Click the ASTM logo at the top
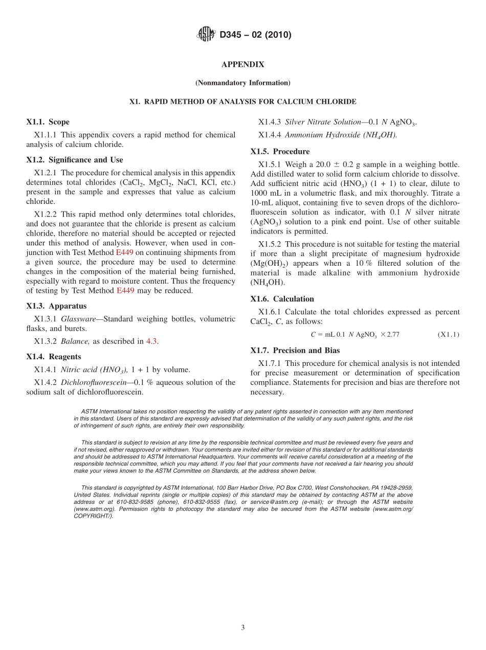pos(206,35)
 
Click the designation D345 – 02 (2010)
pos(255,35)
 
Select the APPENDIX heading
pos(242,64)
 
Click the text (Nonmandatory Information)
pos(242,83)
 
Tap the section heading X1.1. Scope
pos(48,122)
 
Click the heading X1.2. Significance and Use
pos(75,160)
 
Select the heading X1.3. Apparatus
pos(56,306)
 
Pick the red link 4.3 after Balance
pos(151,341)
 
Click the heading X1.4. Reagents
pos(54,357)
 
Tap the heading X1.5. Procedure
pos(280,152)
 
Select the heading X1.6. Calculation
pos(282,299)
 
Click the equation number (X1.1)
pos(449,335)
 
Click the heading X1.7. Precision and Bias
pos(295,351)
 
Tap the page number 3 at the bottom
pos(243,628)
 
